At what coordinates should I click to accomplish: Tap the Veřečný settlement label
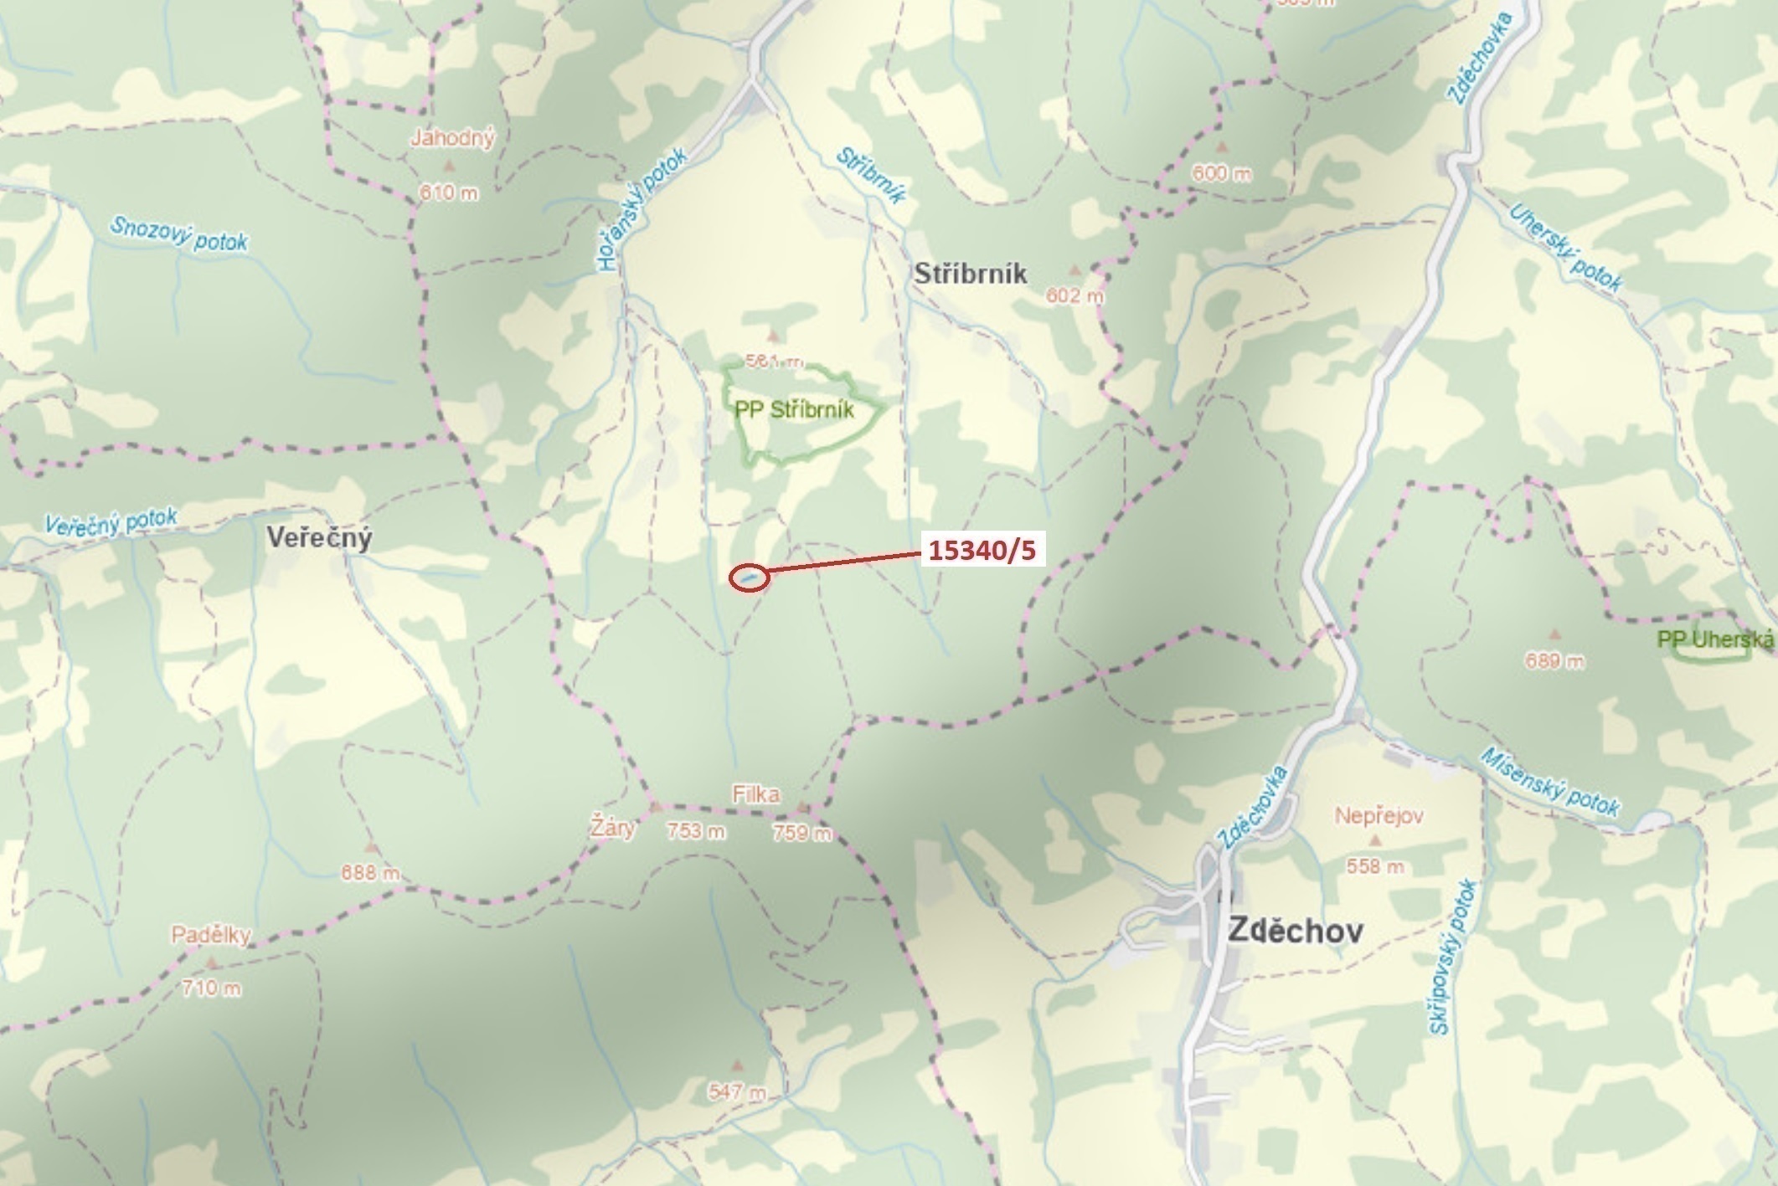pyautogui.click(x=319, y=537)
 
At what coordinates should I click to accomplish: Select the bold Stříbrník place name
pyautogui.click(x=970, y=274)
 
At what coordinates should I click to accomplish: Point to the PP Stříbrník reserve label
pyautogui.click(x=794, y=410)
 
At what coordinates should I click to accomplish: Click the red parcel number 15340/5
pyautogui.click(x=982, y=550)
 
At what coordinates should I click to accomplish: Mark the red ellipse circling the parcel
pyautogui.click(x=749, y=578)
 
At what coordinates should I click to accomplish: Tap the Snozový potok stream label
pyautogui.click(x=179, y=234)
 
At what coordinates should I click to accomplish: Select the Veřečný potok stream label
pyautogui.click(x=111, y=522)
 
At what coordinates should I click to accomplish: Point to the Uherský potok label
pyautogui.click(x=1565, y=248)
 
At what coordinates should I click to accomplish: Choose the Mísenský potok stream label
pyautogui.click(x=1549, y=782)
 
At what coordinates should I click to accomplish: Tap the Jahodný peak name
pyautogui.click(x=452, y=138)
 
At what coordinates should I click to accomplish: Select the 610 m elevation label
pyautogui.click(x=449, y=193)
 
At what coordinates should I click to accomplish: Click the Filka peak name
pyautogui.click(x=755, y=793)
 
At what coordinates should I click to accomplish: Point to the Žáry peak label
pyautogui.click(x=612, y=829)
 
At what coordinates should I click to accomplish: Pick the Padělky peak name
pyautogui.click(x=210, y=935)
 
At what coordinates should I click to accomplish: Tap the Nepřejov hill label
pyautogui.click(x=1379, y=815)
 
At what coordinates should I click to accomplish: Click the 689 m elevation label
pyautogui.click(x=1554, y=661)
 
